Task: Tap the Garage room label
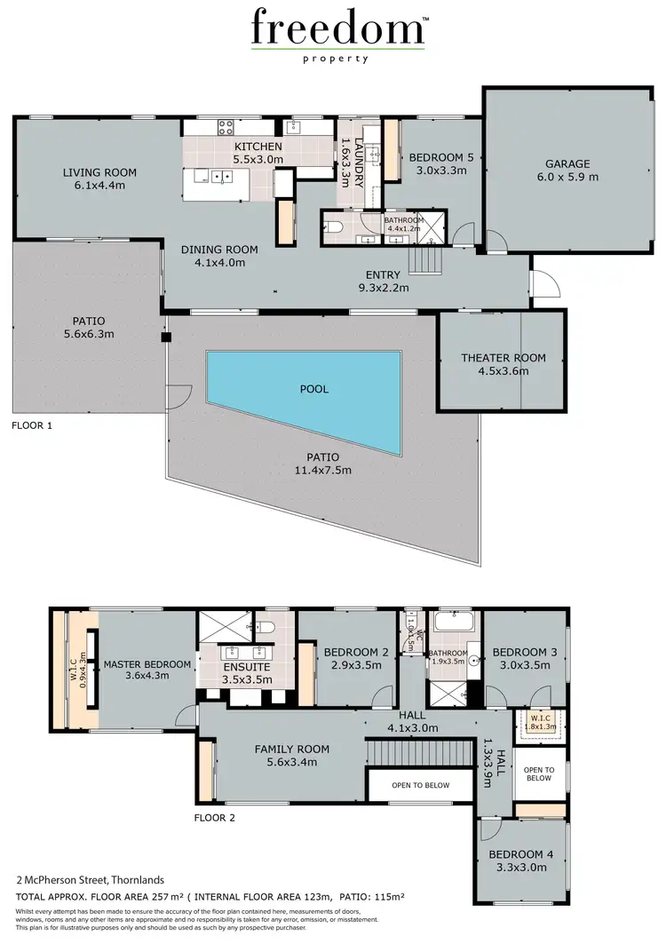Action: click(x=567, y=163)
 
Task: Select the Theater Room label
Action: click(x=503, y=358)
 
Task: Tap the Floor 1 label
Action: click(x=32, y=425)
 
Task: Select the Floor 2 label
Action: click(x=215, y=818)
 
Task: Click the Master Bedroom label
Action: click(x=147, y=664)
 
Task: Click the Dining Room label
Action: click(x=213, y=250)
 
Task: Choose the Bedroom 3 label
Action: click(x=525, y=652)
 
